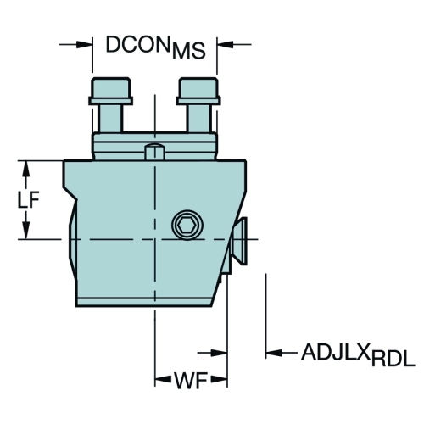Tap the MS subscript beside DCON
188,51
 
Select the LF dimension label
28,200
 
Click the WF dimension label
191,381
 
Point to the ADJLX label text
336,352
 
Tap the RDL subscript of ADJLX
393,359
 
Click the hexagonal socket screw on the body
187,225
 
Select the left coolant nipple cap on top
110,91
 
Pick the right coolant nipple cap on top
198,91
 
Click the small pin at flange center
154,151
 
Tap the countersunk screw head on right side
239,241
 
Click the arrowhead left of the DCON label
85,44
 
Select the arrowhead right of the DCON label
225,44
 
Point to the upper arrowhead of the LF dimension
26,169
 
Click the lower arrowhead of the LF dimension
26,231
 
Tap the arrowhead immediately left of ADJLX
274,353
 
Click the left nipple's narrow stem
110,118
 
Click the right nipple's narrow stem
199,118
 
